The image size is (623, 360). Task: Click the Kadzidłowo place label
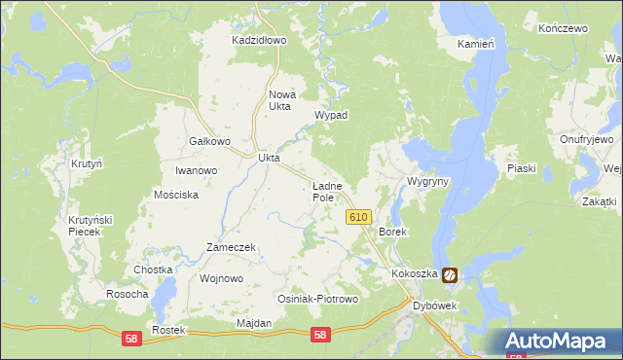click(259, 40)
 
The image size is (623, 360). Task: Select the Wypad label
click(331, 115)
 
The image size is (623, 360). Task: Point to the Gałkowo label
click(208, 141)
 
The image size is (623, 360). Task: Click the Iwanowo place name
click(196, 170)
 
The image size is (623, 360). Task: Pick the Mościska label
click(176, 195)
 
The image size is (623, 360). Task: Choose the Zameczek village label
click(231, 247)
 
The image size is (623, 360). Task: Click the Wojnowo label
click(221, 278)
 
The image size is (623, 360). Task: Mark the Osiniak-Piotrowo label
click(318, 299)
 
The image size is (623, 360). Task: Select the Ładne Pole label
click(325, 191)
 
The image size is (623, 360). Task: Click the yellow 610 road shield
click(357, 218)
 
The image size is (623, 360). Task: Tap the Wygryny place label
click(427, 182)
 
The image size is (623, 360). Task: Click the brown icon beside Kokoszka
click(450, 275)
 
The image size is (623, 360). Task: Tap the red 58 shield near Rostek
click(131, 336)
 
